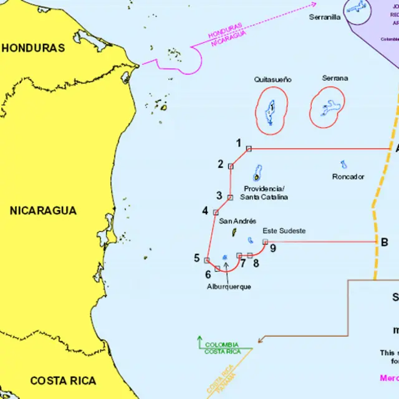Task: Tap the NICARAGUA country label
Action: click(43, 211)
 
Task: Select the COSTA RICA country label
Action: click(63, 380)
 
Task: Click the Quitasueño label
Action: click(272, 80)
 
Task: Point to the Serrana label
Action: click(335, 79)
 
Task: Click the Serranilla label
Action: click(325, 17)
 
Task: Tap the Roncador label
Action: click(348, 176)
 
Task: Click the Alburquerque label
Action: click(229, 287)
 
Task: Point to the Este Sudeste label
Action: click(284, 231)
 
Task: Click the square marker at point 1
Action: click(249, 148)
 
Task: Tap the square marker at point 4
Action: click(216, 212)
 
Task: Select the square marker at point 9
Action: click(265, 242)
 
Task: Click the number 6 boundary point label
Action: click(208, 274)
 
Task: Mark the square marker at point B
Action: click(375, 242)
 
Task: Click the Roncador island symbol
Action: click(344, 165)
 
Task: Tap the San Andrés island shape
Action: click(233, 233)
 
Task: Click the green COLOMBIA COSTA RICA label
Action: click(222, 348)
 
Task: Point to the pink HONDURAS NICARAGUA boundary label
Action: click(226, 37)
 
